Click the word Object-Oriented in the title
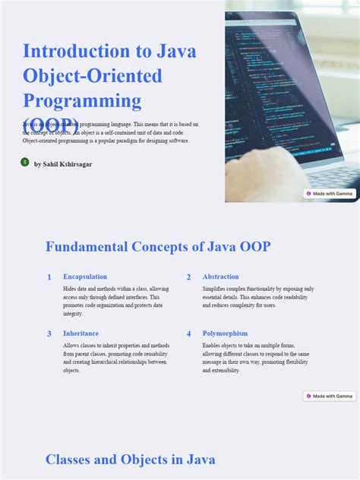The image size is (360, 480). click(93, 76)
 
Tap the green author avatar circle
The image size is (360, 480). click(25, 163)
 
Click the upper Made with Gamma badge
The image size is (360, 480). click(330, 194)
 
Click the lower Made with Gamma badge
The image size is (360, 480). click(330, 396)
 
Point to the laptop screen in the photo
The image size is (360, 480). click(281, 84)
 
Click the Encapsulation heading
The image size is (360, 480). click(85, 276)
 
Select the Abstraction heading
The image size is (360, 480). click(220, 276)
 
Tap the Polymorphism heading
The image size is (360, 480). click(225, 333)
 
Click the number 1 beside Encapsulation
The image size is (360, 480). click(49, 277)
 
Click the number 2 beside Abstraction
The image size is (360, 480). click(189, 277)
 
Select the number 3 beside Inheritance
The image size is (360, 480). click(49, 333)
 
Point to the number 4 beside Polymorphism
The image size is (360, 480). click(189, 333)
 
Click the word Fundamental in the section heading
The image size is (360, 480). click(86, 247)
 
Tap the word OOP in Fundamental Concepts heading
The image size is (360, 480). click(252, 247)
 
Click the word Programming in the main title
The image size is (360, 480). click(82, 100)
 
